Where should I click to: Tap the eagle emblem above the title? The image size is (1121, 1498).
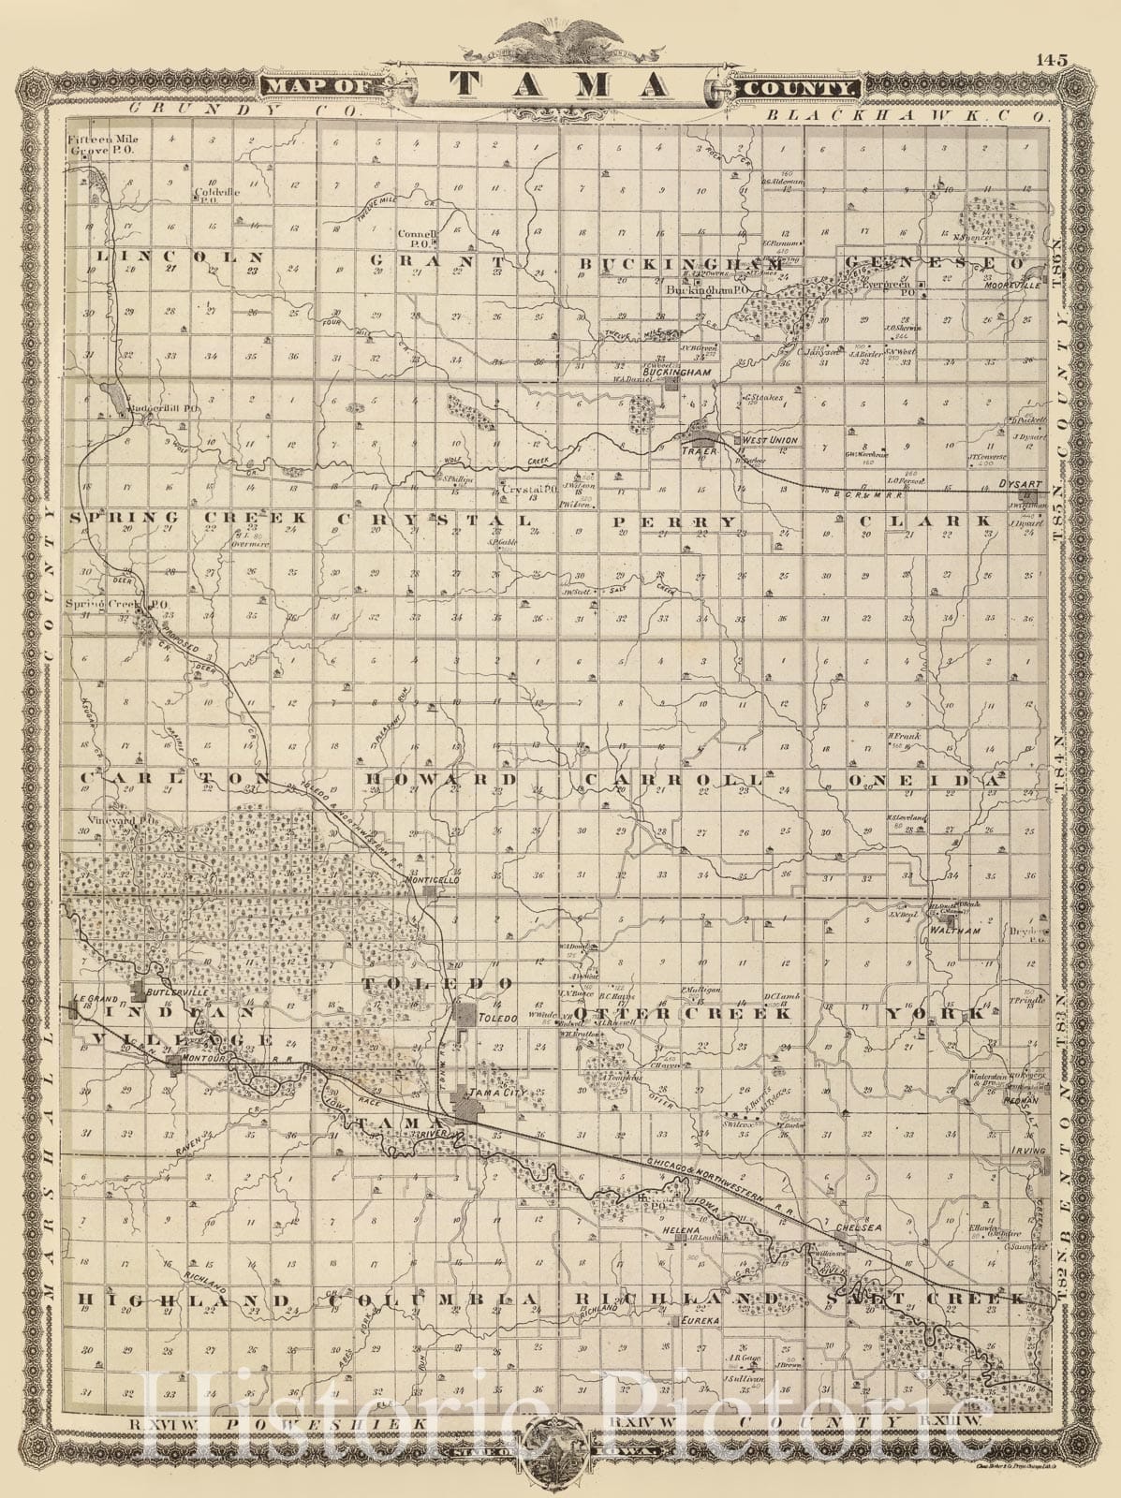(x=561, y=38)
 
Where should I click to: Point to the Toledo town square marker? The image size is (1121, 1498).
(x=465, y=1014)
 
